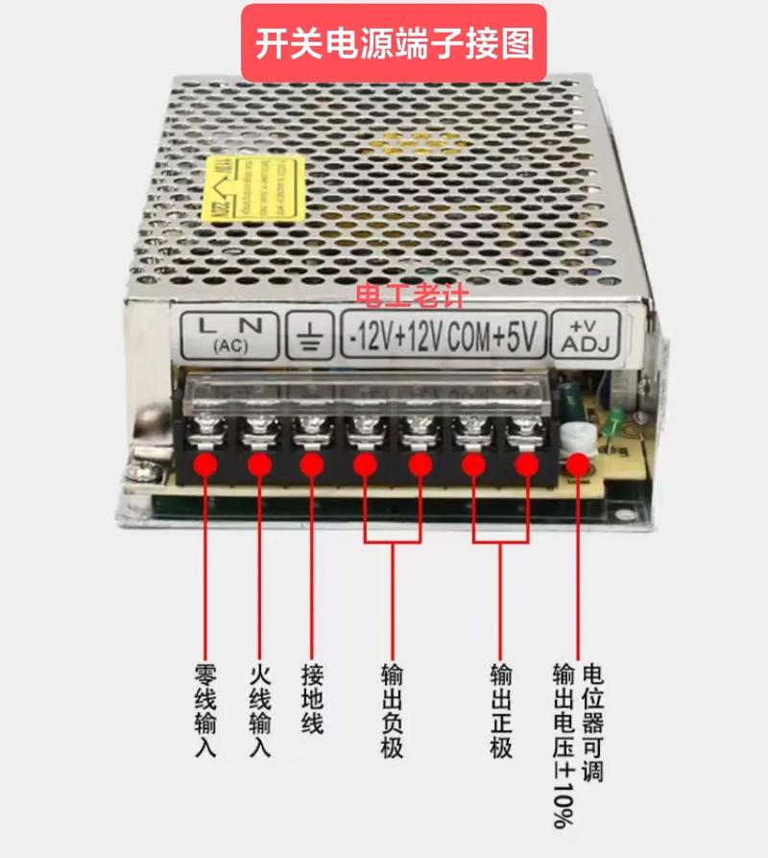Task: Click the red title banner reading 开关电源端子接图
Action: pos(394,44)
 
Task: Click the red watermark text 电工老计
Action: pos(410,297)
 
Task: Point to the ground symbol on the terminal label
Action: pos(310,334)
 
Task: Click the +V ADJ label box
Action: pos(589,336)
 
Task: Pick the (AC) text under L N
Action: pos(228,346)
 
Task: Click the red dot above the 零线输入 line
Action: pos(204,465)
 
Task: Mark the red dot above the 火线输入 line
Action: pos(258,465)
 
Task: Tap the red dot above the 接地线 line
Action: pos(311,465)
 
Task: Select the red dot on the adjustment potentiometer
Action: pos(578,465)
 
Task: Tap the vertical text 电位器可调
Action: pos(593,720)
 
